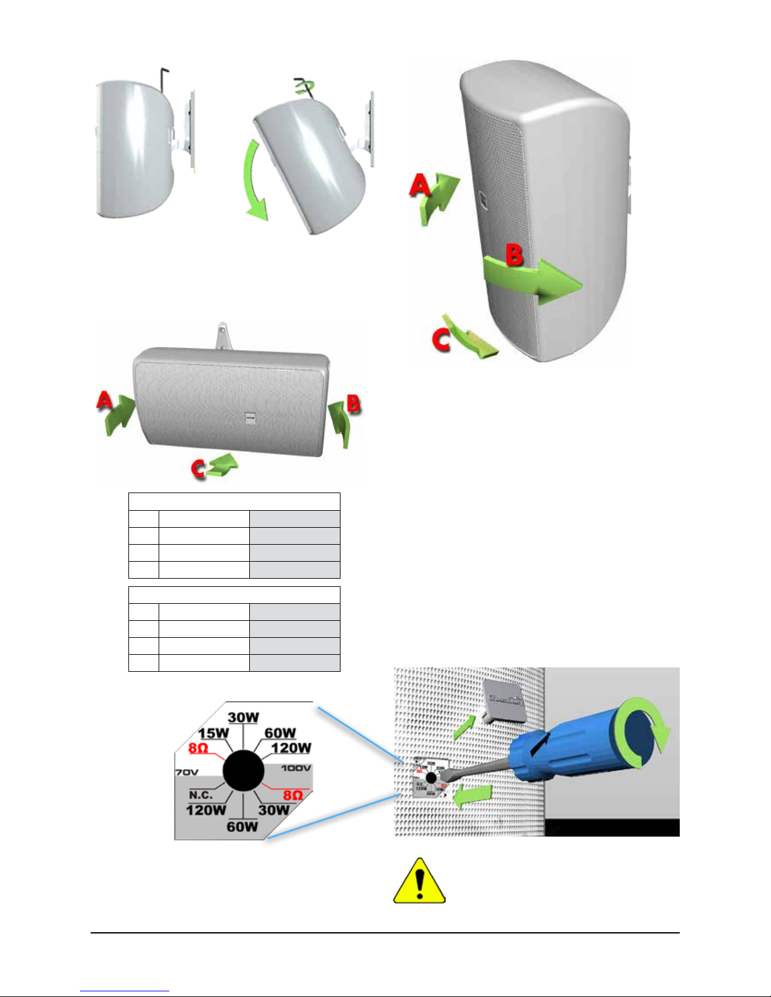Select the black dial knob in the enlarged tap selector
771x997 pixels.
(244, 769)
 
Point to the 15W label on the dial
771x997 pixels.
(213, 733)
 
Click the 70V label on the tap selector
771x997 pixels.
(186, 772)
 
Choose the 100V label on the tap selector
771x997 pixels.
(296, 768)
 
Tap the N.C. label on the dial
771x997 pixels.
(201, 795)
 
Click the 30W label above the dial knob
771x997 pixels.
(244, 718)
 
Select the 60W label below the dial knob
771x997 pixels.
(242, 826)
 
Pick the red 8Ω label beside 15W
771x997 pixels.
(198, 748)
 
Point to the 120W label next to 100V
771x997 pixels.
(291, 748)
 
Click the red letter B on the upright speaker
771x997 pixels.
(514, 255)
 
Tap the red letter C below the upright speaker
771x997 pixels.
(441, 340)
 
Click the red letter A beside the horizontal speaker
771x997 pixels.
(104, 400)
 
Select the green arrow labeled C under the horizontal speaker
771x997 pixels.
(223, 465)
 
